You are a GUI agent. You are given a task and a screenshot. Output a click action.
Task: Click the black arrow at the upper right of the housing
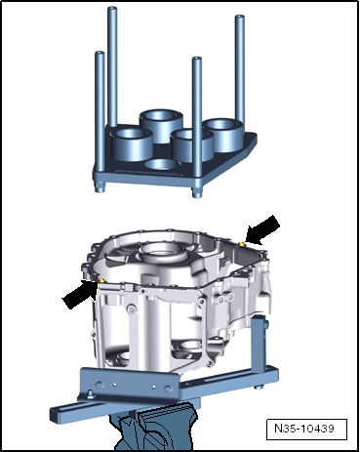click(262, 229)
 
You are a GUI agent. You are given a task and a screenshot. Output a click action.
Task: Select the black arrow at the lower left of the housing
click(79, 295)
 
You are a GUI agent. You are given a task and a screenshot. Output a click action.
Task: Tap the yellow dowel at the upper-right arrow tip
click(241, 244)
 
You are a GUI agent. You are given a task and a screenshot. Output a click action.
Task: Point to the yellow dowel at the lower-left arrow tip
click(101, 280)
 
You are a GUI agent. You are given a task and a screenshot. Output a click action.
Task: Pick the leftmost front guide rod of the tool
click(100, 121)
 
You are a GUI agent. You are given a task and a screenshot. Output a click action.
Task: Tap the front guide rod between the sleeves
click(197, 127)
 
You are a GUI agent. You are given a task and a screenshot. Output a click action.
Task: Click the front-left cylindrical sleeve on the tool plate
click(131, 144)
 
